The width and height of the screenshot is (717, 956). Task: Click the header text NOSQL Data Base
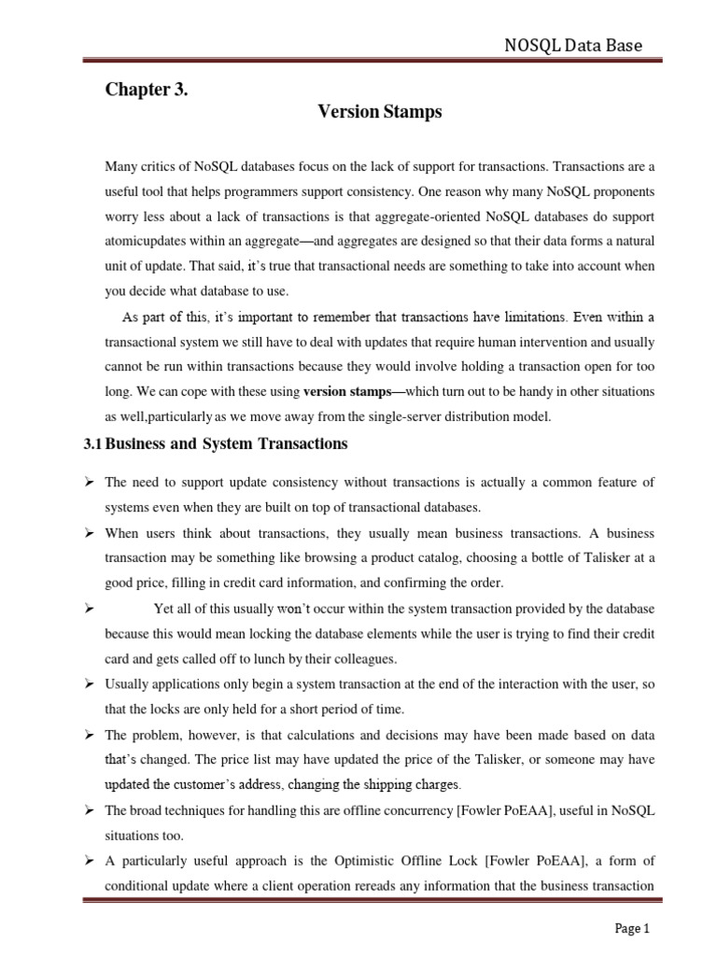point(573,46)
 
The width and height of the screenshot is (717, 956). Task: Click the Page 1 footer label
point(631,928)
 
